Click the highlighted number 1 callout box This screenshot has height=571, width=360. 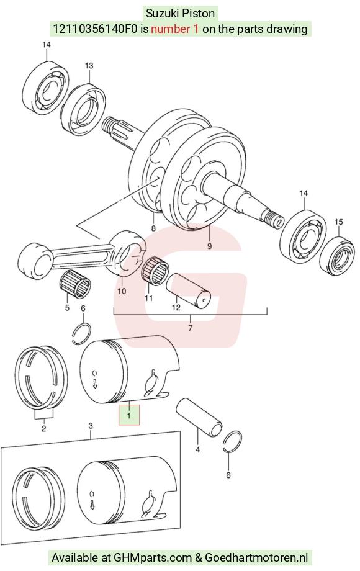coord(129,415)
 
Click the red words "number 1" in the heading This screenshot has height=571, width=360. coord(174,29)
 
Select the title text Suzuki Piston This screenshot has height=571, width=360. coord(180,14)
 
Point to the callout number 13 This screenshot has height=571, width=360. coord(89,66)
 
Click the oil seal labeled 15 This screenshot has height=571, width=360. coord(339,255)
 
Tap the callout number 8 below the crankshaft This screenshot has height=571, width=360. coord(153,228)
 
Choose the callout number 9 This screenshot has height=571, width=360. coord(209,246)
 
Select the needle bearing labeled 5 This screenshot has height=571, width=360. coord(75,285)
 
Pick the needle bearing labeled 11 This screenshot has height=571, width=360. coord(155,271)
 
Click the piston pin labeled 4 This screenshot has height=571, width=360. coord(199,417)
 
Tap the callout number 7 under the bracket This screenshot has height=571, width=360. coord(190,328)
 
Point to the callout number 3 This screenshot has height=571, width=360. coord(91,426)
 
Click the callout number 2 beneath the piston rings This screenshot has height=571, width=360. coord(43,429)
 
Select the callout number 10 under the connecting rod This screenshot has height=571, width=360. coord(122,291)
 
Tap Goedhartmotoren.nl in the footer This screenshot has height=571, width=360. coord(256,557)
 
